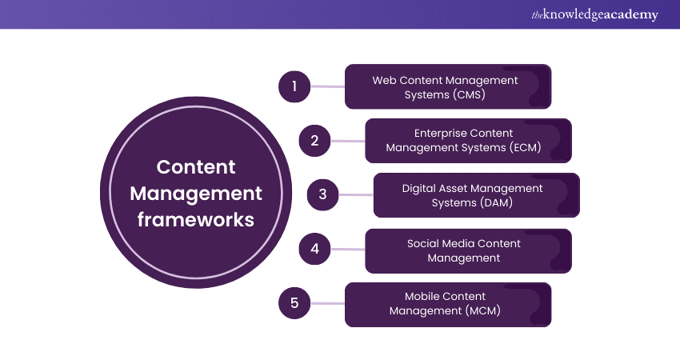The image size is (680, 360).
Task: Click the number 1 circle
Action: click(294, 86)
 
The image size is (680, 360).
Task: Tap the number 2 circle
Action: click(315, 141)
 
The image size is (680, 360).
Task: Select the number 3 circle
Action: click(323, 194)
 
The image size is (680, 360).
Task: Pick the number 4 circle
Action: click(315, 249)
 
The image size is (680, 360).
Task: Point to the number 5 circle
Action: click(294, 303)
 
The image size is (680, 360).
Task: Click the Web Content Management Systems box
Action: click(447, 86)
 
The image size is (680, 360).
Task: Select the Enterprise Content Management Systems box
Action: click(468, 141)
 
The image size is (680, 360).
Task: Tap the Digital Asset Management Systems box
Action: click(476, 195)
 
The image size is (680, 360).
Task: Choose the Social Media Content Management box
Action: click(468, 250)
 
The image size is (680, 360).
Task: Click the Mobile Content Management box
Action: click(447, 304)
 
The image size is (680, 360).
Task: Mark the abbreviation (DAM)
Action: click(495, 202)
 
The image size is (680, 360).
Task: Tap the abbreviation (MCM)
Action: click(482, 311)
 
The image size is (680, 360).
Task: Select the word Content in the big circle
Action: click(196, 167)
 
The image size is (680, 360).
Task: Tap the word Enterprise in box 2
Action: click(442, 133)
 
